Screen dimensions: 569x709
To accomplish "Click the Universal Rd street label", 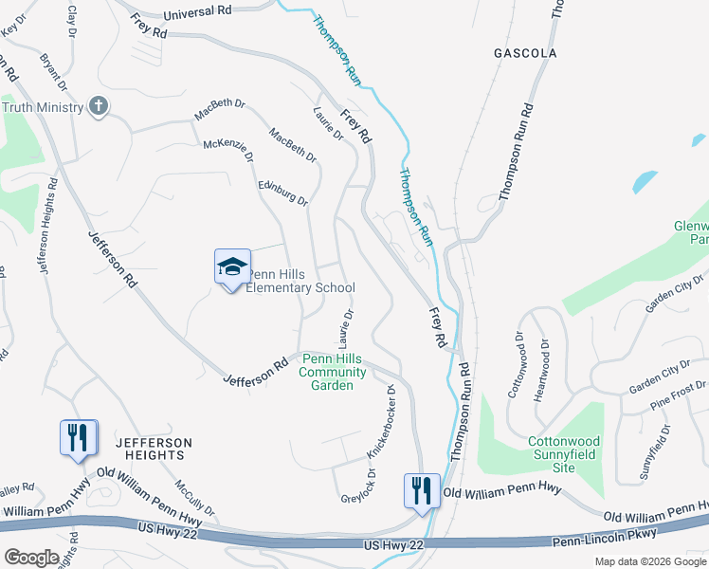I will [x=197, y=12].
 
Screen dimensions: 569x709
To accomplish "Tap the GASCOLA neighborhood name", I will [x=525, y=54].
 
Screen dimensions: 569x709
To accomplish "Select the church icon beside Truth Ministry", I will [x=99, y=106].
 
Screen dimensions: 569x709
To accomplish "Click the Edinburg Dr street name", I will [x=283, y=187].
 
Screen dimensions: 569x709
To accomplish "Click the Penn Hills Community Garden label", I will [x=333, y=372].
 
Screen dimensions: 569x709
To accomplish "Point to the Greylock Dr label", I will [x=357, y=486].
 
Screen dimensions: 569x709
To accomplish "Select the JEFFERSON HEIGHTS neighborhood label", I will [x=154, y=449].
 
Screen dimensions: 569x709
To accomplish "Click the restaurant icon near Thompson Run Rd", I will [x=422, y=490].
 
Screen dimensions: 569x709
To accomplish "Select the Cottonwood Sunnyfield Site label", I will [x=564, y=448].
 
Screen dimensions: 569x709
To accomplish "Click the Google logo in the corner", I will [x=32, y=557].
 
